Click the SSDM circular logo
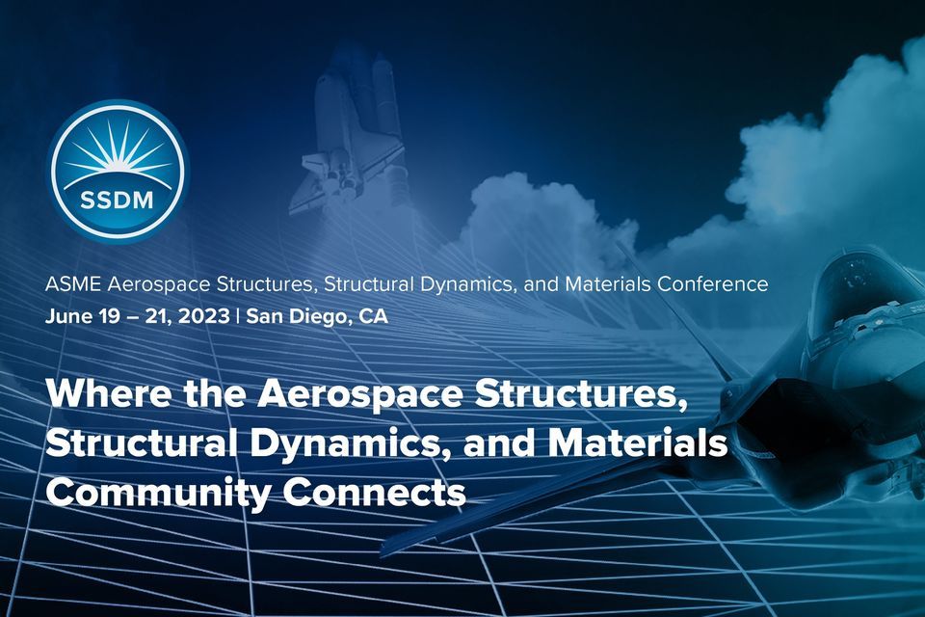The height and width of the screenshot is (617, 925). (118, 172)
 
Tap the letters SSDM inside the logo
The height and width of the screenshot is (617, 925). (118, 203)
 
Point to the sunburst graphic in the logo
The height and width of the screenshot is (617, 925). (118, 154)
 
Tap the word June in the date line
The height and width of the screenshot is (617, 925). (66, 316)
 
